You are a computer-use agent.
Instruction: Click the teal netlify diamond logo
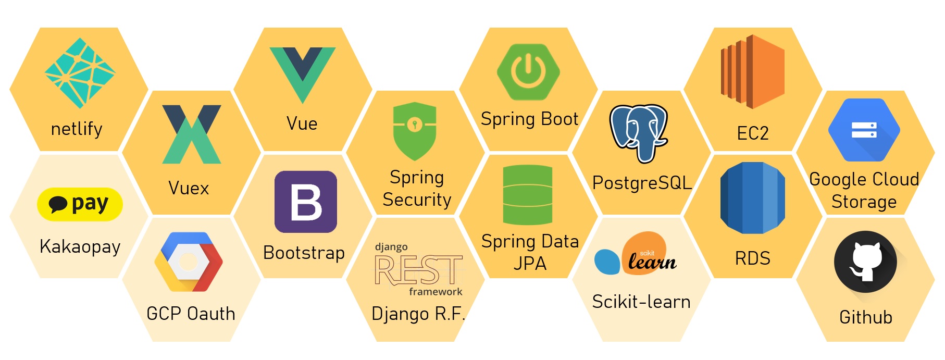coord(80,73)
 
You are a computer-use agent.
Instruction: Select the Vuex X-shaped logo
coord(191,134)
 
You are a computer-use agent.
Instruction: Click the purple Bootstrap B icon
coord(306,202)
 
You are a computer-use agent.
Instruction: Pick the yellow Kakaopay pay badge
coord(80,204)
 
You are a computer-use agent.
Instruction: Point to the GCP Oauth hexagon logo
coord(189,262)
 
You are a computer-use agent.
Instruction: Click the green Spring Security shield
coord(415,130)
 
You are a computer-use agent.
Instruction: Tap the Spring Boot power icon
coord(528,72)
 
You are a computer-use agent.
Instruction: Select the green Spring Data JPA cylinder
coord(528,195)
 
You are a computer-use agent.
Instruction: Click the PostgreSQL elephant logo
coord(639,132)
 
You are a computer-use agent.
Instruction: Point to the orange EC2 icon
coord(752,71)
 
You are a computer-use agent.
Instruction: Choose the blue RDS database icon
coord(752,198)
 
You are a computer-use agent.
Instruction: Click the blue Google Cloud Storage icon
coord(864,130)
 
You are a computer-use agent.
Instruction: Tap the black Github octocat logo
coord(865,263)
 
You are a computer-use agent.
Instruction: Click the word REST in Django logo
coord(418,270)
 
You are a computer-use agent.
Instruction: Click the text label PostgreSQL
coord(642,183)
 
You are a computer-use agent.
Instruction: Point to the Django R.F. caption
coord(418,314)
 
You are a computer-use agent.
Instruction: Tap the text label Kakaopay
coord(80,246)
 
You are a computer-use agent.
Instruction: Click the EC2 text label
coord(753,133)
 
